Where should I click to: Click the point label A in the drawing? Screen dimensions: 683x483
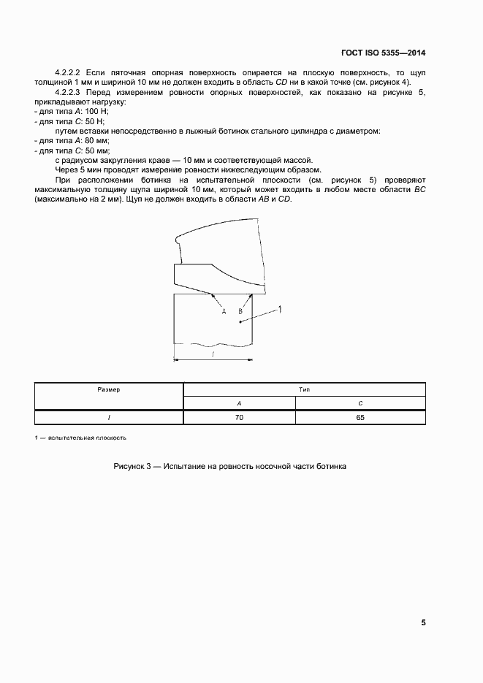point(224,310)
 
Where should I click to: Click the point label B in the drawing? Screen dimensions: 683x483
point(240,310)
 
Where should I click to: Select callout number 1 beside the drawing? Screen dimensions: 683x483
point(280,310)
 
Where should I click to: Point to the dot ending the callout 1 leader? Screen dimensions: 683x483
point(240,321)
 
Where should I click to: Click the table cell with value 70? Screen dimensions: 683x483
point(239,418)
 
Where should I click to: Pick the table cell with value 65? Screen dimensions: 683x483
point(360,418)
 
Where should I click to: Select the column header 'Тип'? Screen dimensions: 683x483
point(304,390)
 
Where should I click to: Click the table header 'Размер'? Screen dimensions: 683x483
point(108,390)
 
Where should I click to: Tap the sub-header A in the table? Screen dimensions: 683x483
point(239,404)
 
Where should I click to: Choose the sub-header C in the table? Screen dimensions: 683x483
point(360,404)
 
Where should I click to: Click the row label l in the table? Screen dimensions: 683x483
point(108,418)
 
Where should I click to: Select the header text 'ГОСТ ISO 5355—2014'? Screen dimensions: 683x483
point(384,53)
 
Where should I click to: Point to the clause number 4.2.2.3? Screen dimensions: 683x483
point(69,93)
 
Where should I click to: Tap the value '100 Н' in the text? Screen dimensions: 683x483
point(96,111)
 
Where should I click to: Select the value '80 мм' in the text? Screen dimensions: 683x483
point(96,140)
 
